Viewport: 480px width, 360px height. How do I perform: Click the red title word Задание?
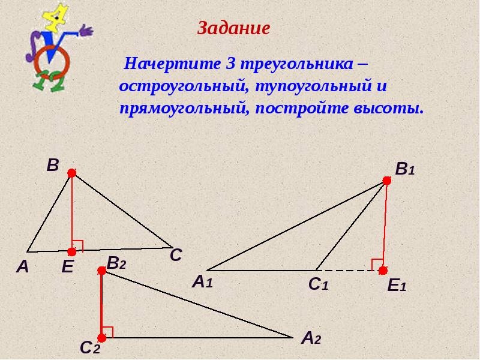coord(234,28)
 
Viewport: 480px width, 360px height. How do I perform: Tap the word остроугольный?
coord(179,86)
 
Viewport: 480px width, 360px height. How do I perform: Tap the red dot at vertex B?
coord(72,173)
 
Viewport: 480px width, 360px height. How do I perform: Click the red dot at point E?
coord(72,252)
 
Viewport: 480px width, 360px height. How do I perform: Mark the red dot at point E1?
coord(383,271)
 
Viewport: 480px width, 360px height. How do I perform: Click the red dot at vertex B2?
coord(102,271)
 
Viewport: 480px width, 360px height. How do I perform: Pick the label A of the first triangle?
coord(22,268)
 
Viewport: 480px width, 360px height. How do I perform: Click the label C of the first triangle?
coord(175,256)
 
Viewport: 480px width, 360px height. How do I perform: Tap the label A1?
coord(202,281)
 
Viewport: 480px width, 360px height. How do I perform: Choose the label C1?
coord(318,286)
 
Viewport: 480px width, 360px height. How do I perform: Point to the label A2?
coord(311,339)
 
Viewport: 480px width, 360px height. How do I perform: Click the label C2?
coord(89,347)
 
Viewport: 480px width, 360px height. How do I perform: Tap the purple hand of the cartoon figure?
coord(86,29)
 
